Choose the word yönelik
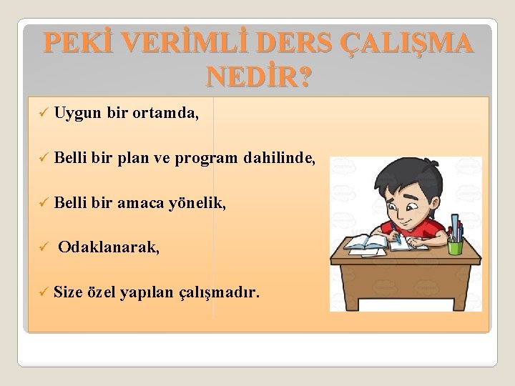point(196,204)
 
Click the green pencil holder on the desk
point(454,247)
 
